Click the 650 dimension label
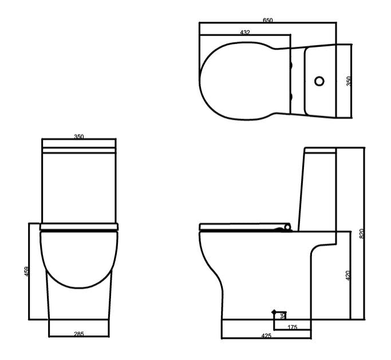point(268,20)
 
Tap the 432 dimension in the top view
point(245,33)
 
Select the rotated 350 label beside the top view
point(349,81)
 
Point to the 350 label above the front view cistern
point(79,137)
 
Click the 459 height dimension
point(27,271)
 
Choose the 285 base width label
point(79,334)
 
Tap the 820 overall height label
point(362,234)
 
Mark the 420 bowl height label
point(348,275)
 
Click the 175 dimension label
point(293,327)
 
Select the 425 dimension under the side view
point(266,336)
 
